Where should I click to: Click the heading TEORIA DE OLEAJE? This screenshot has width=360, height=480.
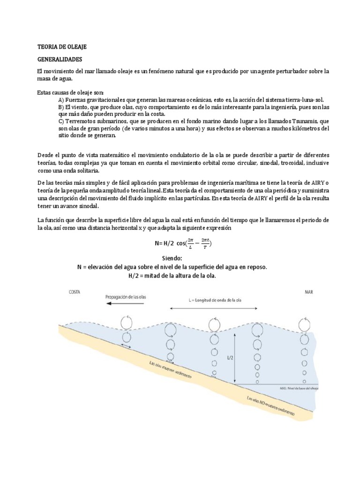pyautogui.click(x=61, y=47)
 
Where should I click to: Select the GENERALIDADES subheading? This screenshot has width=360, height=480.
pyautogui.click(x=60, y=60)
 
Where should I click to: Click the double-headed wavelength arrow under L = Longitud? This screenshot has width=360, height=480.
pyautogui.click(x=214, y=308)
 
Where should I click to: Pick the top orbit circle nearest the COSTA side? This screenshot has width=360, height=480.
pyautogui.click(x=127, y=322)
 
